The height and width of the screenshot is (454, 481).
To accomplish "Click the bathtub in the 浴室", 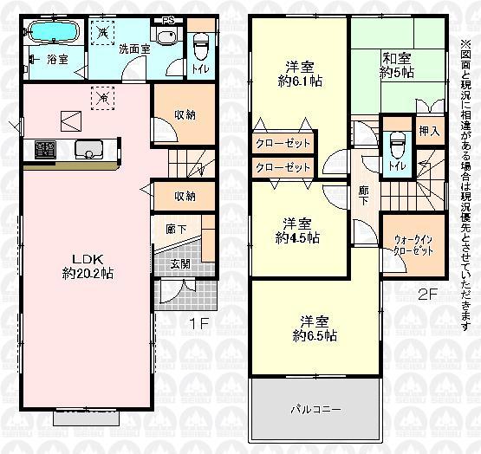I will [55, 34].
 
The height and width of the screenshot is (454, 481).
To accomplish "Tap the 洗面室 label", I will [133, 49].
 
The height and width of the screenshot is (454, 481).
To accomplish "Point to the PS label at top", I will [166, 19].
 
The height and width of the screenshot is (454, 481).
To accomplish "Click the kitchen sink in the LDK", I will [88, 150].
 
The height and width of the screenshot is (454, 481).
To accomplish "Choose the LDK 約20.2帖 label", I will [89, 265].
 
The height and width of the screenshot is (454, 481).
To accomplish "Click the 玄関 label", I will [180, 264].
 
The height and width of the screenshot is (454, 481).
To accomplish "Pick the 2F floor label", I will [426, 293].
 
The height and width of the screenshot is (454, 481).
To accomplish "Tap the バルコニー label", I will [315, 407].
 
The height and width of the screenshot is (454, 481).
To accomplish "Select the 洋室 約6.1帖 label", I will [299, 72].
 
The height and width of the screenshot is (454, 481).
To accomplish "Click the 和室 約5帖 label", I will [397, 66].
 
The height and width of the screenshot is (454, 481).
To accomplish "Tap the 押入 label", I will [429, 133].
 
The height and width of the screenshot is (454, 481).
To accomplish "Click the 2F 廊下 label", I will [363, 197].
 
